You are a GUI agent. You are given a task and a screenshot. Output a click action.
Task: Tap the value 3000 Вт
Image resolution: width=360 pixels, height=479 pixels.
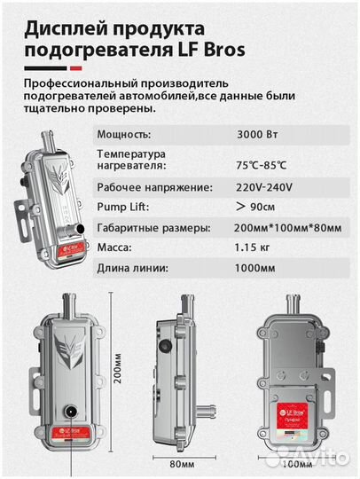[x=257, y=135]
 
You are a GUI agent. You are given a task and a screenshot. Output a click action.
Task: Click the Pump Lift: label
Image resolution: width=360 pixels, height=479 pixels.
[x=119, y=208]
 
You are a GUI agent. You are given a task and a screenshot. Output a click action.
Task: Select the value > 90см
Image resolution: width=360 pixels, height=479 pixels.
[x=257, y=208]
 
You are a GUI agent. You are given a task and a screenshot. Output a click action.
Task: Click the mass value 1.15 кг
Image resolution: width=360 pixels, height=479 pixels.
[x=256, y=249]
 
